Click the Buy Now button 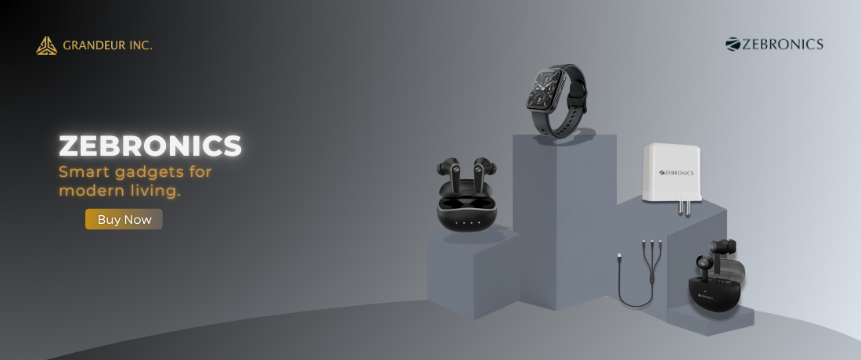(x=124, y=219)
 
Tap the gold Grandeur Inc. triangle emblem (x=47, y=45)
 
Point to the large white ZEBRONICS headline (x=150, y=146)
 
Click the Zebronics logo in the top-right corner (x=774, y=44)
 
